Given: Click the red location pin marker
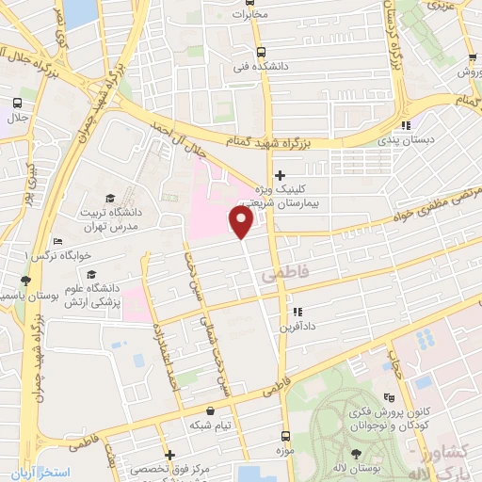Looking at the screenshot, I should click(x=241, y=221).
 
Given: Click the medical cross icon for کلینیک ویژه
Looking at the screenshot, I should click(x=280, y=176).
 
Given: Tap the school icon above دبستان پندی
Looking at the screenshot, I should click(x=405, y=125).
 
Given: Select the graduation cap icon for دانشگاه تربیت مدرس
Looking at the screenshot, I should click(x=111, y=198).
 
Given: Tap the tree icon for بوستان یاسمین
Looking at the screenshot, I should click(x=24, y=281).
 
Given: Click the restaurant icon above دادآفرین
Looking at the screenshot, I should click(x=297, y=312).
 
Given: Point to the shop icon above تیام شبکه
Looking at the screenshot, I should click(x=209, y=410).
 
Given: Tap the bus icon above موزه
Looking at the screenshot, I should click(x=285, y=436).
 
